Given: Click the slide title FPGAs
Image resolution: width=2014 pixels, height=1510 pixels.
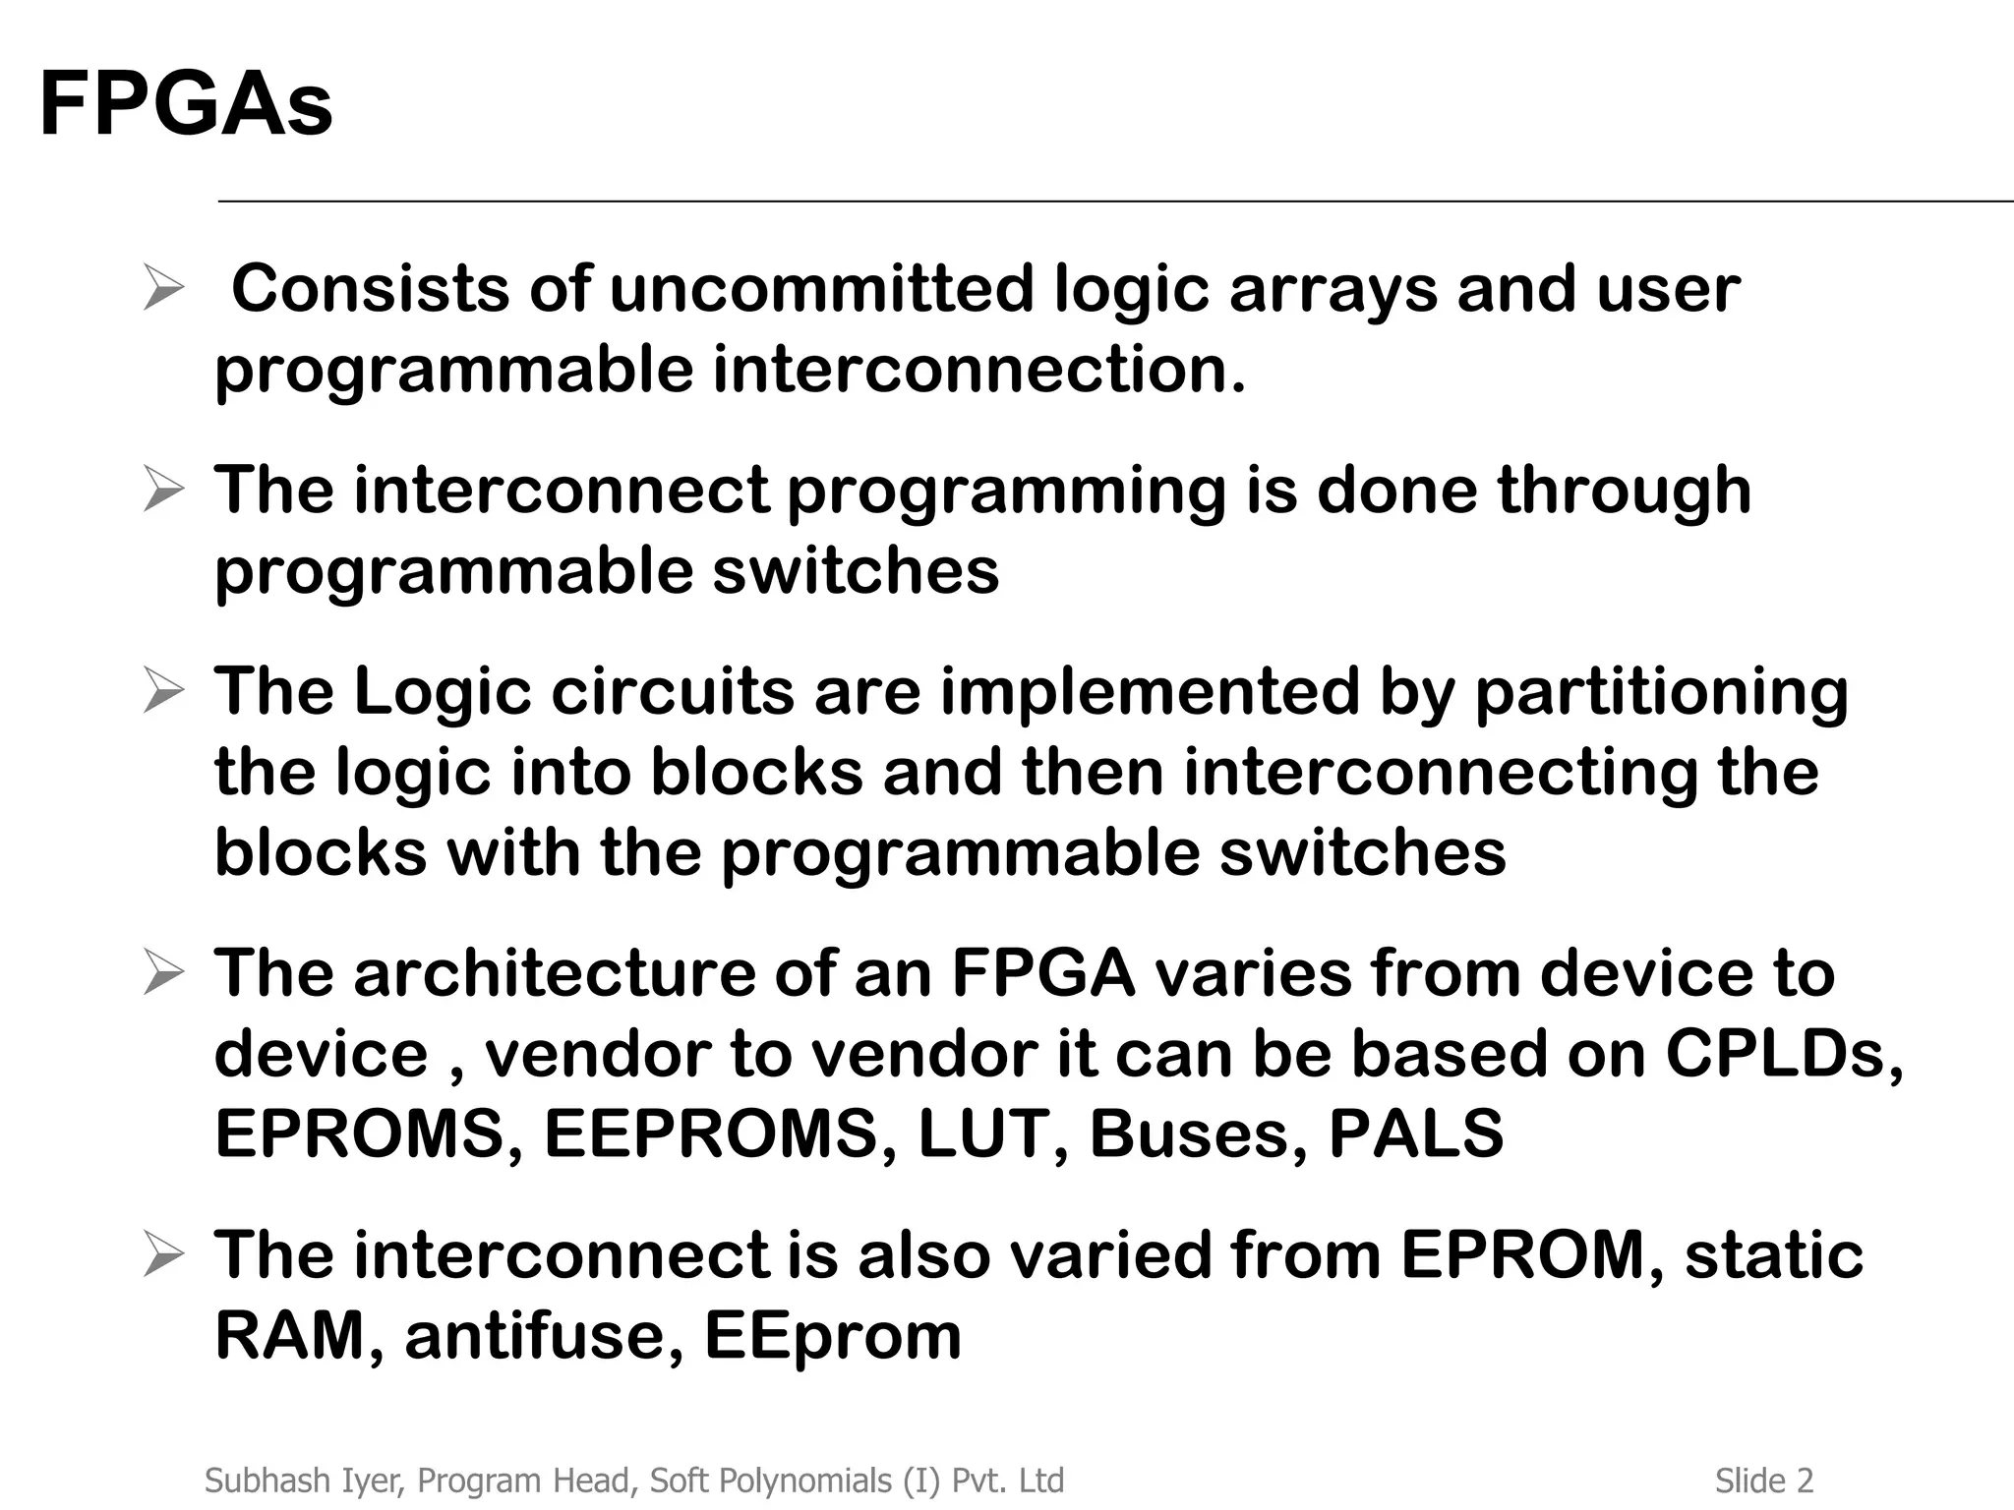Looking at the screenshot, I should pos(186,104).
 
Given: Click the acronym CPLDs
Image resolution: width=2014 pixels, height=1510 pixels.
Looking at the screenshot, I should pos(1784,1054).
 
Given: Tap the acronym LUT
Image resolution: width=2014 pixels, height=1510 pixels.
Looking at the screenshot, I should pos(994,1133).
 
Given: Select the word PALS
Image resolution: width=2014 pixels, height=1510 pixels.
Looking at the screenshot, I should pos(1416,1133).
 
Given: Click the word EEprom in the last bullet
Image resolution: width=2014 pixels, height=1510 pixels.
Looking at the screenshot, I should pos(833,1336).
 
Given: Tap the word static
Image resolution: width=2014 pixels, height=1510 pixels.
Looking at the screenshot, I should pos(1773,1255).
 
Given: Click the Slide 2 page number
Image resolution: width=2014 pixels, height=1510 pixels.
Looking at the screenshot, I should pos(1764,1481).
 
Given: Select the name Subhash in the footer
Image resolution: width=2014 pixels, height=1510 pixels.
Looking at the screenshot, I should pos(259,1481).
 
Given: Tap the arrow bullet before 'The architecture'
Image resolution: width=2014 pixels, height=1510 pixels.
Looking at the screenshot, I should pos(162,973).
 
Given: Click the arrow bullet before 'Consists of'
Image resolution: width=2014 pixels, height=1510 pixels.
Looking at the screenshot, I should pos(162,289).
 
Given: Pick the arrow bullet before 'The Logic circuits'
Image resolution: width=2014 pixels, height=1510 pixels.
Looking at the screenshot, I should pos(162,691).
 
